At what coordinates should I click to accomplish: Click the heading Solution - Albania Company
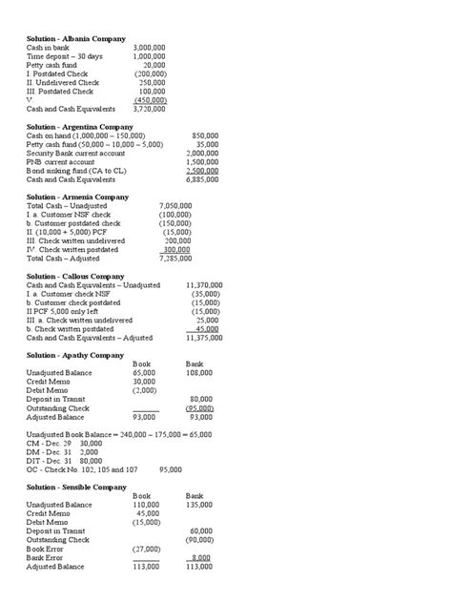[x=76, y=38]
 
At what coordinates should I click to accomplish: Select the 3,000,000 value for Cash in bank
[x=150, y=47]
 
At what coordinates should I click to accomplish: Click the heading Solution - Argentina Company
[x=80, y=126]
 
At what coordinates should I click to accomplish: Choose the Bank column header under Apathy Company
[x=194, y=364]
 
